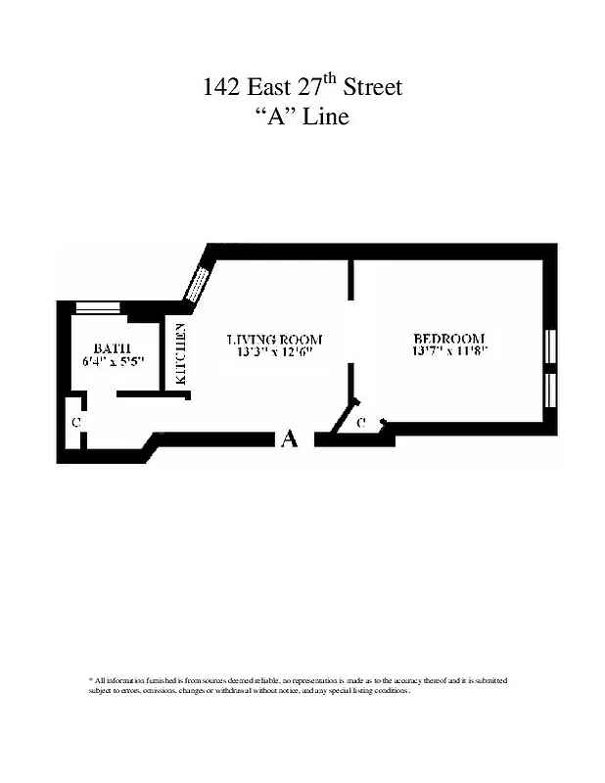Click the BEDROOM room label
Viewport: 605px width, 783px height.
[449, 339]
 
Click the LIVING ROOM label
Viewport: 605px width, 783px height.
[274, 340]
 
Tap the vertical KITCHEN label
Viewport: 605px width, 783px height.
[180, 353]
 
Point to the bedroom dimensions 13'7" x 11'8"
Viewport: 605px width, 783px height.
[449, 351]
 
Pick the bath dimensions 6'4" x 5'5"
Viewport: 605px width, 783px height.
[113, 361]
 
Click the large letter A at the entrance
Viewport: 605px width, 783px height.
[289, 439]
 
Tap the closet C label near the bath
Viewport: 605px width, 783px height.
[75, 423]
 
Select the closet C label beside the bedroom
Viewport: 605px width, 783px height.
[361, 423]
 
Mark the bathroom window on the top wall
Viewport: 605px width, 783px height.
[98, 308]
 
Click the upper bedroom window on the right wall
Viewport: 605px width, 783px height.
[550, 347]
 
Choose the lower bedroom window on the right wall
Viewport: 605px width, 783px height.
[550, 390]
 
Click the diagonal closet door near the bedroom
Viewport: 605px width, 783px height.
[346, 416]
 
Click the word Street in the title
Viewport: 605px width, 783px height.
[371, 88]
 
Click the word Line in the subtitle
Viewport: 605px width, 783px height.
[325, 117]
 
